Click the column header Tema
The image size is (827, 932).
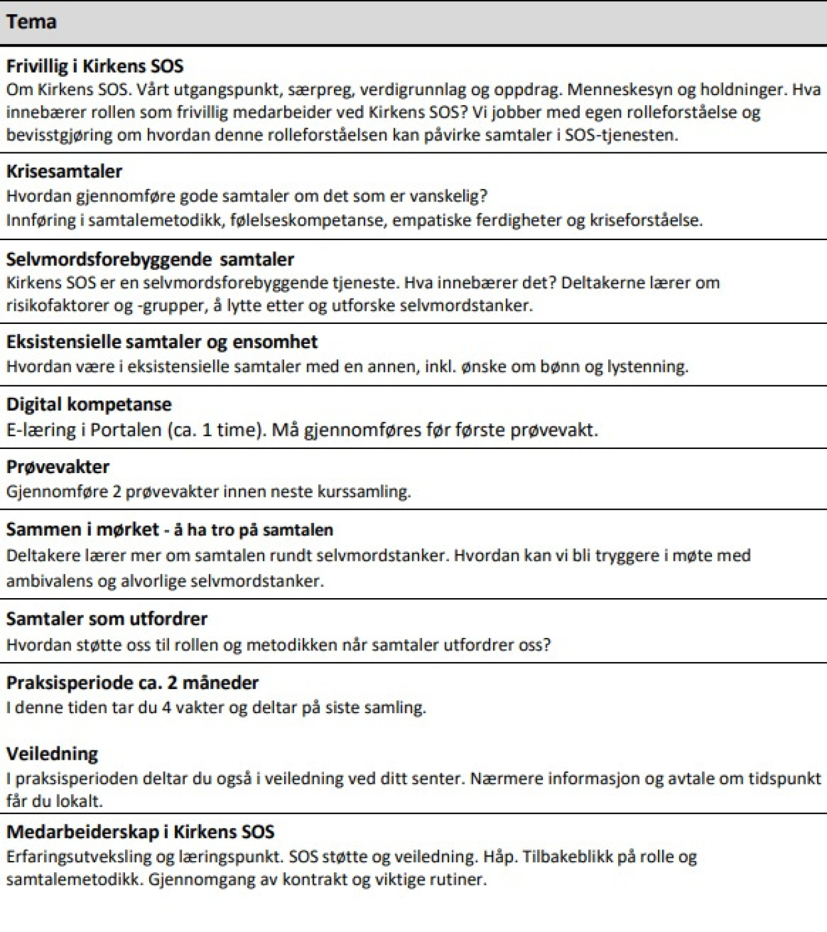31,22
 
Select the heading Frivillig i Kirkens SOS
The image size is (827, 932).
95,66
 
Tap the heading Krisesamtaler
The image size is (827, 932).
64,171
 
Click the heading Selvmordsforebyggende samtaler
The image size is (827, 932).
150,259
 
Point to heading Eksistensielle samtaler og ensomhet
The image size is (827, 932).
162,341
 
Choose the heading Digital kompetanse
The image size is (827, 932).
89,404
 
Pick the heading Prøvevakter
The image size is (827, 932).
58,466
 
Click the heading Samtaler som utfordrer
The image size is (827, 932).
107,619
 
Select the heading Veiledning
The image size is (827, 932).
52,754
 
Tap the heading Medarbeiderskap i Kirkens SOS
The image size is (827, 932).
140,831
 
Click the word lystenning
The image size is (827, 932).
647,366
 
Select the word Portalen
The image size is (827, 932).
126,430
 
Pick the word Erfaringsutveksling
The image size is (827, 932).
81,857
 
